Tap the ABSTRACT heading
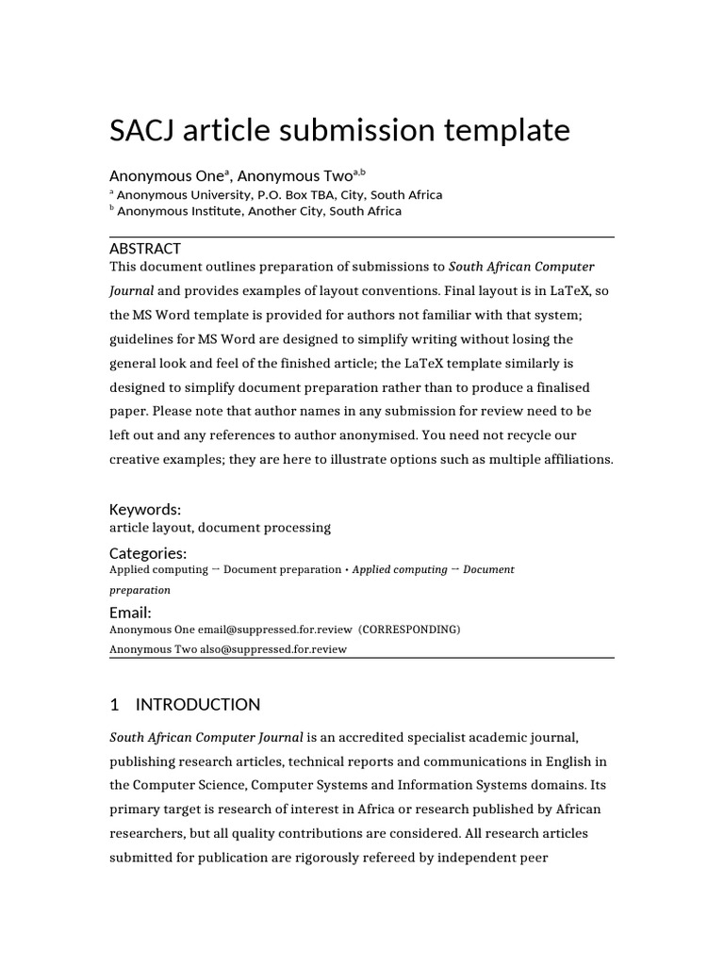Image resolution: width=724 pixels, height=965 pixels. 145,249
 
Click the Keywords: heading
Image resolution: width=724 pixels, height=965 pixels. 145,509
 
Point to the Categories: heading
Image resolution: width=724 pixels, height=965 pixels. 148,553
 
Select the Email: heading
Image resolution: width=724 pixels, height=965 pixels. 130,613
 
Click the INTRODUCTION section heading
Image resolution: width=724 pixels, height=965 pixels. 198,704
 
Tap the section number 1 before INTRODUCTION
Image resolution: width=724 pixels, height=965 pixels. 114,704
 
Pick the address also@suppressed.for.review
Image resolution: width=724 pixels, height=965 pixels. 273,648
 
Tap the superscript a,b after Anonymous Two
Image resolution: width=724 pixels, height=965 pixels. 358,172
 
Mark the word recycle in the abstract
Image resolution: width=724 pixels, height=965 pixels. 558,436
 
